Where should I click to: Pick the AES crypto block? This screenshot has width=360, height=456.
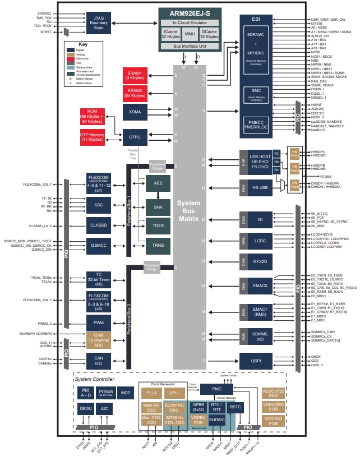click(158, 183)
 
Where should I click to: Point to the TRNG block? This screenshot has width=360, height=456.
click(158, 245)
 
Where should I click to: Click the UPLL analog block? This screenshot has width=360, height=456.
click(174, 392)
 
